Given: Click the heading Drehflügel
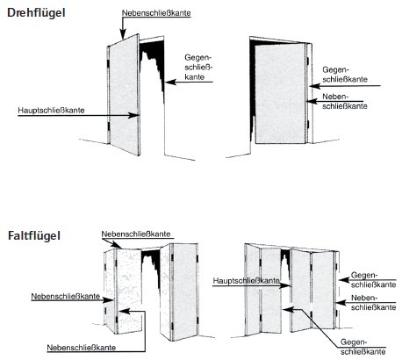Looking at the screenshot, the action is coord(36,13).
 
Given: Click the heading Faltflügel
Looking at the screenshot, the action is coord(34,235).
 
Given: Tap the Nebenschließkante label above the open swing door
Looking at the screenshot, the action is coord(156,13).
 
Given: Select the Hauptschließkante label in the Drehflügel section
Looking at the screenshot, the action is coord(51,111).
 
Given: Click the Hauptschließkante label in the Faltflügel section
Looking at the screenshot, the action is coord(246,281).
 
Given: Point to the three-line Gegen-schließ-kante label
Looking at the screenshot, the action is coord(198,67).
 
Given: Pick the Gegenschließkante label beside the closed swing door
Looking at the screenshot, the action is coord(345,75).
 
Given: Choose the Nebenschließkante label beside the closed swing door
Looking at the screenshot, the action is coord(345,101).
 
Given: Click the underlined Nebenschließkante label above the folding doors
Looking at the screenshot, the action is coord(136,234).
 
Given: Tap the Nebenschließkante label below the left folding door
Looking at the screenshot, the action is coord(82,348).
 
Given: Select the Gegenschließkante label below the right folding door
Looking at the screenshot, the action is coord(363,347).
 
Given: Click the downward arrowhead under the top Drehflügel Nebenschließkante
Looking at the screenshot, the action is coord(123,34).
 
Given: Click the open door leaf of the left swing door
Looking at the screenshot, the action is coord(124,94).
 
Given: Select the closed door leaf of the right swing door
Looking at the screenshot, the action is coord(280,93).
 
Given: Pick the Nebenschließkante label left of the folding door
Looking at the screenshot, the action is coord(66,296).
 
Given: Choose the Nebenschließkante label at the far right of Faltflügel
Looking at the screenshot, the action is coord(373,303).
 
